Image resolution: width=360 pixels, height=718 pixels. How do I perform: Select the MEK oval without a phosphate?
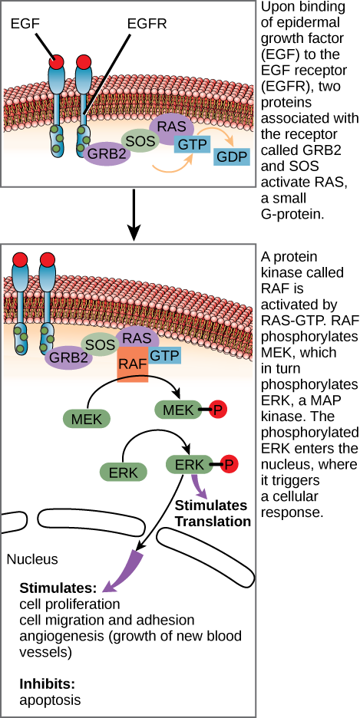[x=87, y=418]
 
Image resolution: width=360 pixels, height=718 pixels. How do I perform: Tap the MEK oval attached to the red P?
[x=179, y=410]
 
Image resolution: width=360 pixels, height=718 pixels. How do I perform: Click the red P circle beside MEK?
[x=218, y=410]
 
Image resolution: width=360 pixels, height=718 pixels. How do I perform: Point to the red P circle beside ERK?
[x=229, y=464]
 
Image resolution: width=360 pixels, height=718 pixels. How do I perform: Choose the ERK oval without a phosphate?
[x=123, y=473]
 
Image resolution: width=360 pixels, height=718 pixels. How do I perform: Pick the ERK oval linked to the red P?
[x=190, y=464]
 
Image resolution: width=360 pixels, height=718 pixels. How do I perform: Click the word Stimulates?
[x=211, y=506]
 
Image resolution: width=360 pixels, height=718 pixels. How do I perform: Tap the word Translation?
[x=213, y=521]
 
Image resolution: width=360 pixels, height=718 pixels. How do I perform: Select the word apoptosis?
[x=50, y=700]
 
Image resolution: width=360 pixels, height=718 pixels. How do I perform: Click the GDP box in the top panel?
[x=232, y=156]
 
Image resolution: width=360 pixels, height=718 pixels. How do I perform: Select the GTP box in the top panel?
[x=193, y=143]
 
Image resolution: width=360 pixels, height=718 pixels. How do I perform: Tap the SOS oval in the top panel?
[x=140, y=140]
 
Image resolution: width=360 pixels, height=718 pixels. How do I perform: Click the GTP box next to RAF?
[x=165, y=355]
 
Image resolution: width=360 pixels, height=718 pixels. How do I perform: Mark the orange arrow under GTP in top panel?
[x=170, y=165]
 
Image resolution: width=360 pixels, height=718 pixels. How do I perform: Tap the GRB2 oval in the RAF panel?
[x=68, y=357]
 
